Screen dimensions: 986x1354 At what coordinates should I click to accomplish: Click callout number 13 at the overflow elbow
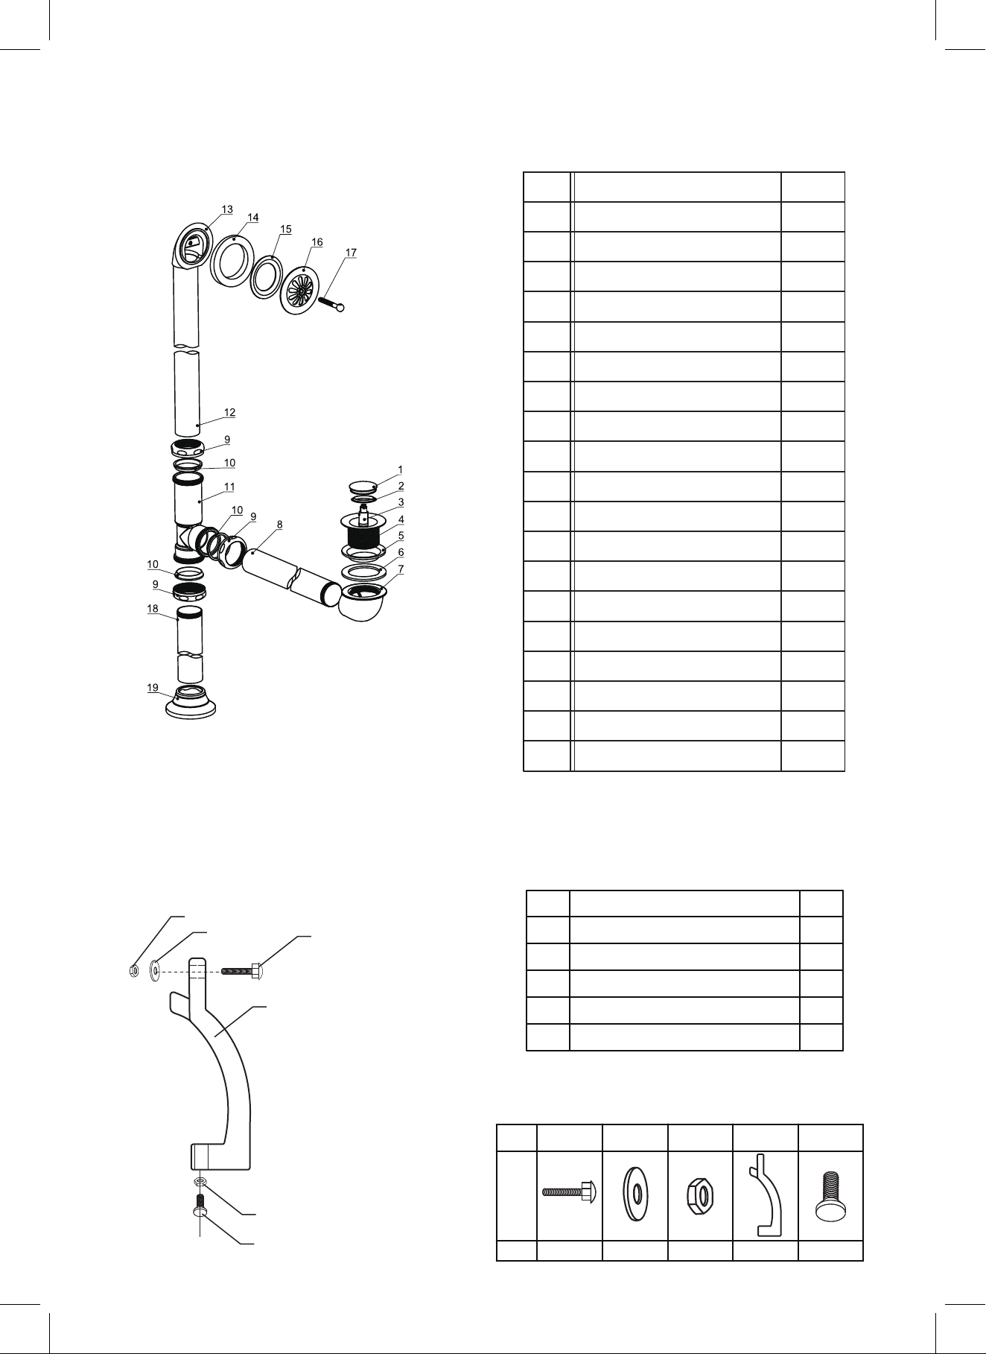tap(227, 209)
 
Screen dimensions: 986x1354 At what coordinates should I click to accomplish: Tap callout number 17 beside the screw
tap(351, 253)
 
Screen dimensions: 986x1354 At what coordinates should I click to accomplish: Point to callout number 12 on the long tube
tap(230, 412)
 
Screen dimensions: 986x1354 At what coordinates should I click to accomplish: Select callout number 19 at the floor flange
tap(153, 688)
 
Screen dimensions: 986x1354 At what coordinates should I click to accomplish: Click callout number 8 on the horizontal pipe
tap(279, 524)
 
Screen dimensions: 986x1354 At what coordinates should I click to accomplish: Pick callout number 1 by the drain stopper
tap(400, 469)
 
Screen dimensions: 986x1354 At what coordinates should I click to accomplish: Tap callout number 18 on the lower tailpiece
tap(153, 609)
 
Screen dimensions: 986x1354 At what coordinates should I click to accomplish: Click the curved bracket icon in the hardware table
tap(765, 1192)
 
